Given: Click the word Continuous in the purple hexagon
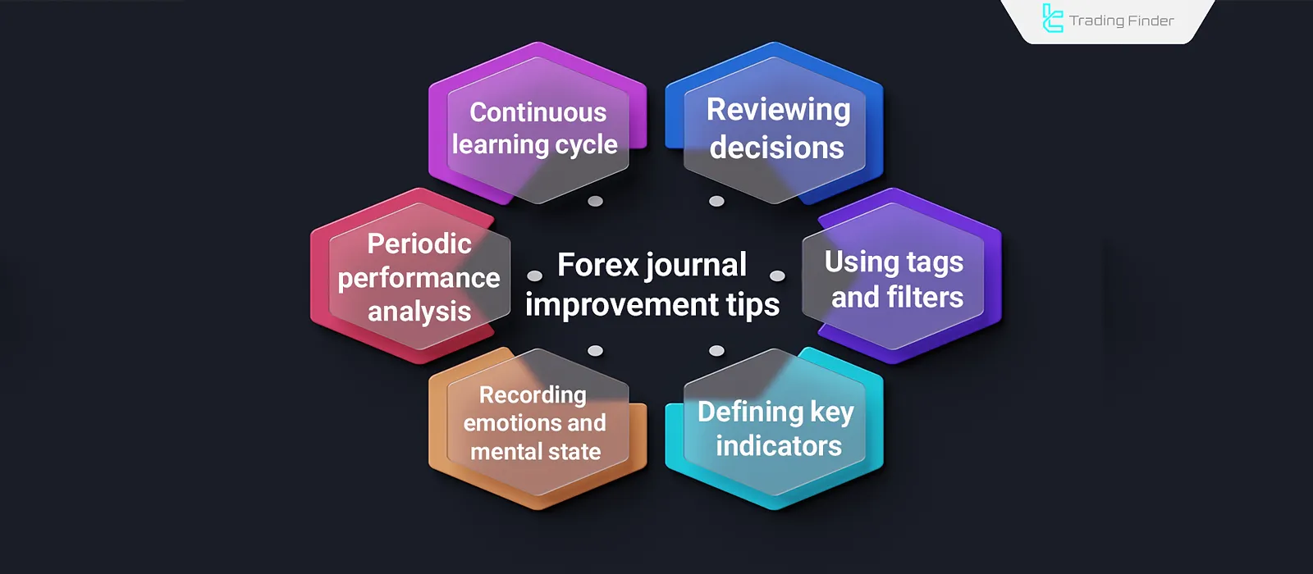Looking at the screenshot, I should (x=538, y=112).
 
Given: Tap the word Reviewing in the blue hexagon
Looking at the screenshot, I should (x=778, y=110).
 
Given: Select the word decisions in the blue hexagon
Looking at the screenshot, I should (x=776, y=148).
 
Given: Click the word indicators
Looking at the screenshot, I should (x=778, y=446).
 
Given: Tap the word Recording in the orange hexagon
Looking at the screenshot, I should (x=533, y=395).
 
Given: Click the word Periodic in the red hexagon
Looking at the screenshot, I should (x=419, y=244).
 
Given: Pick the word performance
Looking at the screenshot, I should (x=419, y=278).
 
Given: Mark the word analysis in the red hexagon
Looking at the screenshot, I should (x=419, y=312).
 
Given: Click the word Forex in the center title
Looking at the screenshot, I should (x=597, y=265).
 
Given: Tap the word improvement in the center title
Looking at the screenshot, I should (x=621, y=304).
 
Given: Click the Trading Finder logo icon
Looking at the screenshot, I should (x=1052, y=19).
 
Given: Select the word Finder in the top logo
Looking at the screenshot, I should (x=1149, y=20).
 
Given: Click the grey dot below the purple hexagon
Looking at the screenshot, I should (x=596, y=201).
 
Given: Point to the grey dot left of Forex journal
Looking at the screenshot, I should (x=535, y=276).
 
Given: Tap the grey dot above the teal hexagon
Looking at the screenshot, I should (x=716, y=351).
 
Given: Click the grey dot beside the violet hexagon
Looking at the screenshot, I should (x=777, y=276).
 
